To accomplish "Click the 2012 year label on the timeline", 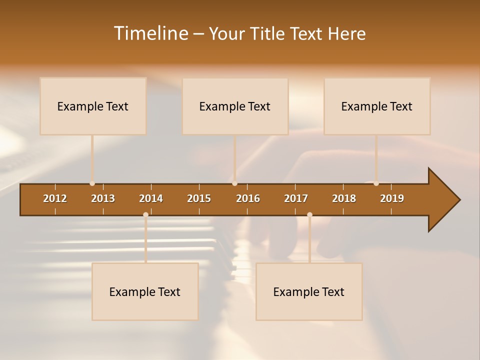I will [x=55, y=198].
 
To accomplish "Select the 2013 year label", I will [x=103, y=198].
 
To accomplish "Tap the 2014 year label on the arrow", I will [x=151, y=198].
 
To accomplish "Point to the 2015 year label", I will [x=199, y=198].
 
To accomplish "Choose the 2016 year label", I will [x=248, y=198].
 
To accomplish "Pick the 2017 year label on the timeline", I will [x=296, y=198].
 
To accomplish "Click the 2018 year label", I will [x=344, y=198].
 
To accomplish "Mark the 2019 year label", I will [x=392, y=198].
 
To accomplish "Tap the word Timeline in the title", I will [x=150, y=33].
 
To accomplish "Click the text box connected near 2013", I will [x=93, y=106].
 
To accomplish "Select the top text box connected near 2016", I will [x=235, y=106].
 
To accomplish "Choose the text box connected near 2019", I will [x=377, y=106].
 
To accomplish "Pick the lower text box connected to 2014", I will [x=145, y=291].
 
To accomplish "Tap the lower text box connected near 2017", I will [x=309, y=291].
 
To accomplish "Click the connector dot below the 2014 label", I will [x=145, y=215].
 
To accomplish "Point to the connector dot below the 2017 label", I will [x=309, y=215].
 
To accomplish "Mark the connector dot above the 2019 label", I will [x=376, y=183].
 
